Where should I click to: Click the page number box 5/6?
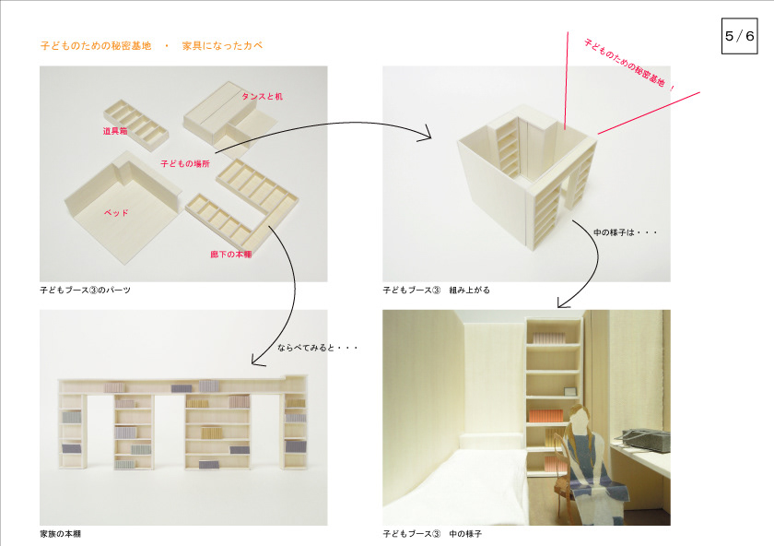[x=740, y=36]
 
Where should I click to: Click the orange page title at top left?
[x=152, y=45]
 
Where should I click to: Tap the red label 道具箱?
[x=116, y=131]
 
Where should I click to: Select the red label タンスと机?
[x=262, y=96]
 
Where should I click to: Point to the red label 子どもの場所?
[x=185, y=163]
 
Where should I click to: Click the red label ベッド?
[x=116, y=212]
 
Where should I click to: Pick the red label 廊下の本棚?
[x=231, y=254]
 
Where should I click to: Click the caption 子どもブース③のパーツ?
[x=86, y=290]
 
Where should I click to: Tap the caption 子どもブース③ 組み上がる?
[x=437, y=290]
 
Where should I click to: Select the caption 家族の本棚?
[x=67, y=534]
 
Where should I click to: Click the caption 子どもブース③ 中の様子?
[x=433, y=534]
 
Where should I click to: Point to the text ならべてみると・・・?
[x=317, y=348]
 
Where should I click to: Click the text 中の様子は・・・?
[x=626, y=231]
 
